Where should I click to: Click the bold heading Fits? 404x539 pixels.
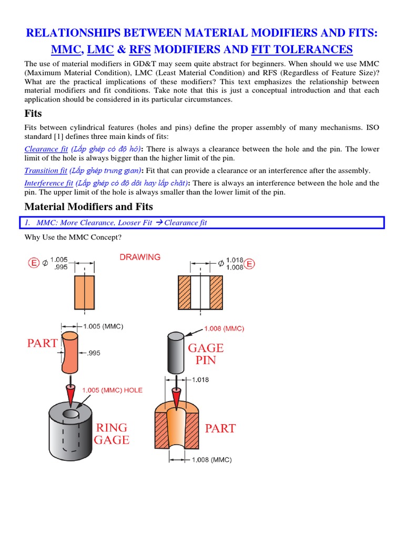click(34, 113)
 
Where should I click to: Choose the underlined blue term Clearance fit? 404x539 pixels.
click(46, 149)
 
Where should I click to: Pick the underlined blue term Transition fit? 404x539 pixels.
click(46, 170)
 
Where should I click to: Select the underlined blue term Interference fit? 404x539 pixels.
click(48, 183)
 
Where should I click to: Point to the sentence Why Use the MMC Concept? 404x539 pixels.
click(73, 237)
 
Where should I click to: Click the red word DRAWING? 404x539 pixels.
click(140, 257)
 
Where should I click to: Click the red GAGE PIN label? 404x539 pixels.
click(206, 354)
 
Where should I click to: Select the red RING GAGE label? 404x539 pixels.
click(111, 433)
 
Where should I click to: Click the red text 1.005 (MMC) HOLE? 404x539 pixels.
click(112, 390)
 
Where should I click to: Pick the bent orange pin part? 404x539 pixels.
click(69, 351)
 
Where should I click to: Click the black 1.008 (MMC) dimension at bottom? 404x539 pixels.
click(211, 460)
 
